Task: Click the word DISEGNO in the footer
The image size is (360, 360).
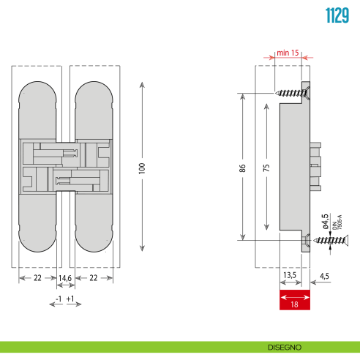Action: (x=285, y=347)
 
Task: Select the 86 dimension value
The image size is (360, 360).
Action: (x=242, y=168)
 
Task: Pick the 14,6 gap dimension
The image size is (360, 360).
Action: (x=64, y=278)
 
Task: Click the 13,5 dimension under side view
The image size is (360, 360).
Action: (x=290, y=276)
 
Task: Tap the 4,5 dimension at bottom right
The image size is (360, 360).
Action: (x=325, y=276)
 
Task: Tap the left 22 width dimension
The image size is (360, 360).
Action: (x=37, y=278)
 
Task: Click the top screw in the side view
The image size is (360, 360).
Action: (x=293, y=92)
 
